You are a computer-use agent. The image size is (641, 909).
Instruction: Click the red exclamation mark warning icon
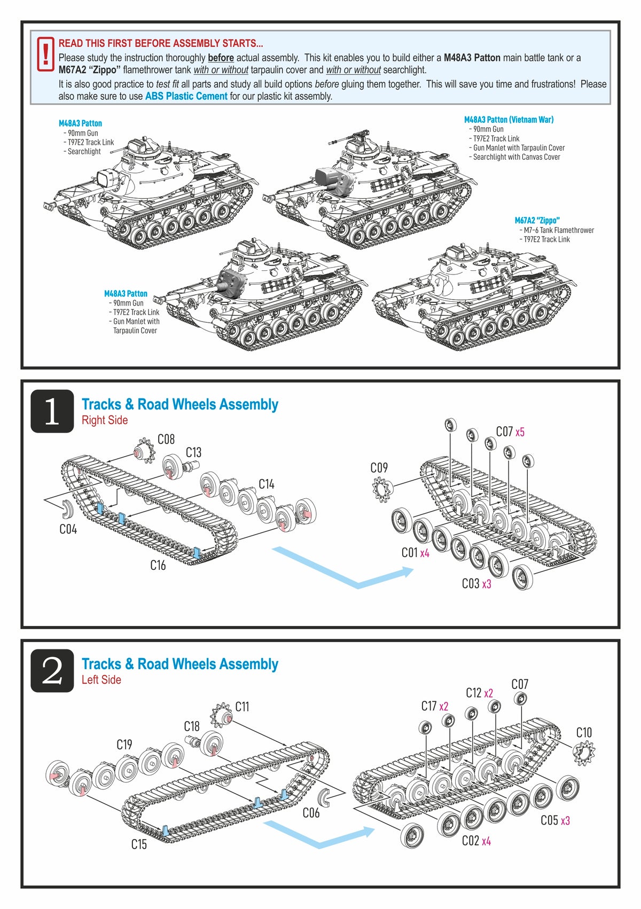pos(46,54)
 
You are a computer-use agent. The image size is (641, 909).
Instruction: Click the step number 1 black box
pos(52,411)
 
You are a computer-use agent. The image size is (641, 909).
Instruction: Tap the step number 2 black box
pos(52,671)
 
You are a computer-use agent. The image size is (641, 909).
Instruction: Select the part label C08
pos(166,440)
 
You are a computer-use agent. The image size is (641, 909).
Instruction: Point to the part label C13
pos(193,453)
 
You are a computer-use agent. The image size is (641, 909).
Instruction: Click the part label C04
pos(68,529)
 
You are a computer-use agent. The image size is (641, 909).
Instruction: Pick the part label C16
pos(158,565)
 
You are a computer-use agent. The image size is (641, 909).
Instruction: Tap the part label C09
pos(379,468)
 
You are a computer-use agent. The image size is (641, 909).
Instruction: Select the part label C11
pos(242,707)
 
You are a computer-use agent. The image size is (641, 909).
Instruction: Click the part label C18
pos(191,726)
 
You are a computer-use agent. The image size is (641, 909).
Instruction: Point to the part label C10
pos(584,733)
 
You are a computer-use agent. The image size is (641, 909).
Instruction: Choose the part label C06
pos(311,813)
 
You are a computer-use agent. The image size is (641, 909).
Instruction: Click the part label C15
pos(139,844)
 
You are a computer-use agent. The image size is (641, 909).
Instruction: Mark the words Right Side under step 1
pos(105,420)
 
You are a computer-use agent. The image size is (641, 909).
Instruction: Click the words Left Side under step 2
pos(101,680)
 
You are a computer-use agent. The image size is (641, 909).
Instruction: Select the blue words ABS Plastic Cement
pos(186,96)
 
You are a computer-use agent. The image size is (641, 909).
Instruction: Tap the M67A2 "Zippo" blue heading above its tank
pos(537,221)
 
